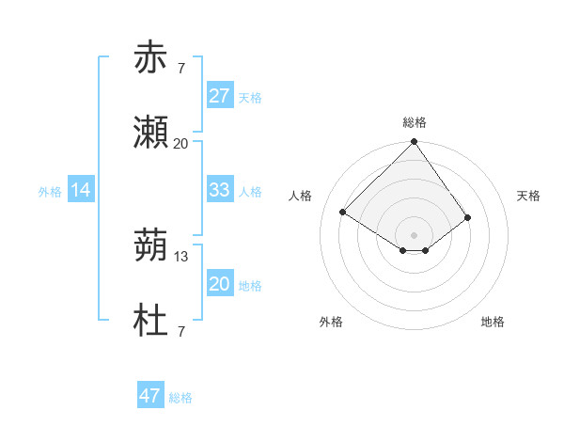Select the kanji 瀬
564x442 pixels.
(150, 133)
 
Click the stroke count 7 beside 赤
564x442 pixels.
(180, 67)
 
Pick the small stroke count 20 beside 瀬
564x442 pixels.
(180, 144)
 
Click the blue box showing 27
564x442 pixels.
(219, 96)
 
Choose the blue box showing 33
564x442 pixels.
(219, 190)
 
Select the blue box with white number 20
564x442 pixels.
(219, 284)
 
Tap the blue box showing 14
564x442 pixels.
(81, 190)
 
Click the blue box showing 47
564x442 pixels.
(150, 396)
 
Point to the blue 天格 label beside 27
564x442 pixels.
(250, 97)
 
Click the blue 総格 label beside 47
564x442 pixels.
(180, 398)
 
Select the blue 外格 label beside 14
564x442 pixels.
(50, 191)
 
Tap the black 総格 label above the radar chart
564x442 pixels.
(415, 122)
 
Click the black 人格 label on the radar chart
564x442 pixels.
(301, 196)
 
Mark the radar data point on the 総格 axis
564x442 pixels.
(414, 142)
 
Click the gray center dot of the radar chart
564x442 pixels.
(414, 233)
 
